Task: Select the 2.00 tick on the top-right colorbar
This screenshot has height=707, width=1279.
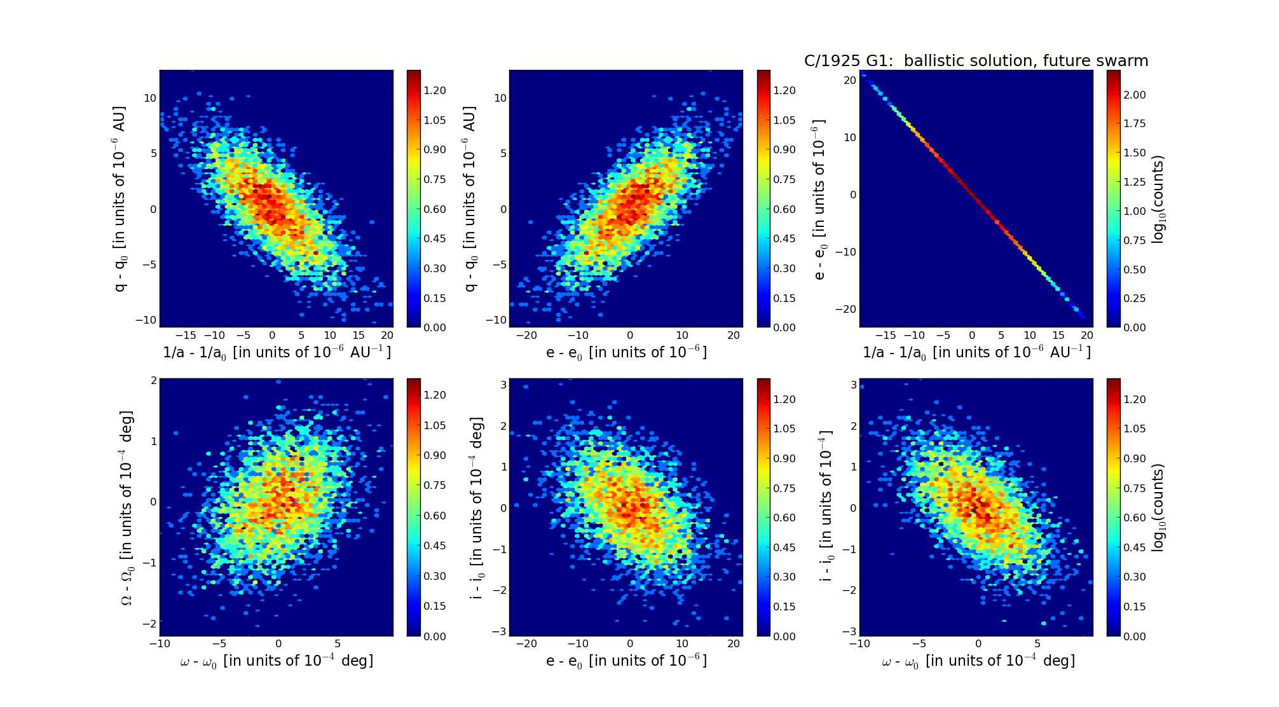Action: [x=1135, y=95]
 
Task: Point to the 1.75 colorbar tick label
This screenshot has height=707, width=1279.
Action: [x=1135, y=123]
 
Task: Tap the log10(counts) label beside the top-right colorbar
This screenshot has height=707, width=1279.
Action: [x=1158, y=199]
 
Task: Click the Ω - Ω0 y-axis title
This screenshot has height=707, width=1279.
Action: [x=127, y=507]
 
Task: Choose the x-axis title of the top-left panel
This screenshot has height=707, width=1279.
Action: [x=277, y=352]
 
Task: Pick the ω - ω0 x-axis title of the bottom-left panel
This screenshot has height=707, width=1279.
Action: [x=277, y=661]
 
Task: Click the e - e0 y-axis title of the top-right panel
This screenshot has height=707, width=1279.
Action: [x=819, y=199]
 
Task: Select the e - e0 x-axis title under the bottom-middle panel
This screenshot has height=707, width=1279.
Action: [x=626, y=661]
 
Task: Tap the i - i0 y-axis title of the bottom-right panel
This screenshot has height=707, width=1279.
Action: [x=826, y=507]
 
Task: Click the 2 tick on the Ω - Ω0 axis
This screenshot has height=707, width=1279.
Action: [x=154, y=380]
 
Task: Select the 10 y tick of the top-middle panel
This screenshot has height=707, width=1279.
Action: [x=500, y=98]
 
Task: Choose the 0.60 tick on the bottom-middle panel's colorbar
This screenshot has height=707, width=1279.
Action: [x=784, y=518]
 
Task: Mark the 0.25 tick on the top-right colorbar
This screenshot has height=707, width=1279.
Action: [x=1135, y=298]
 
